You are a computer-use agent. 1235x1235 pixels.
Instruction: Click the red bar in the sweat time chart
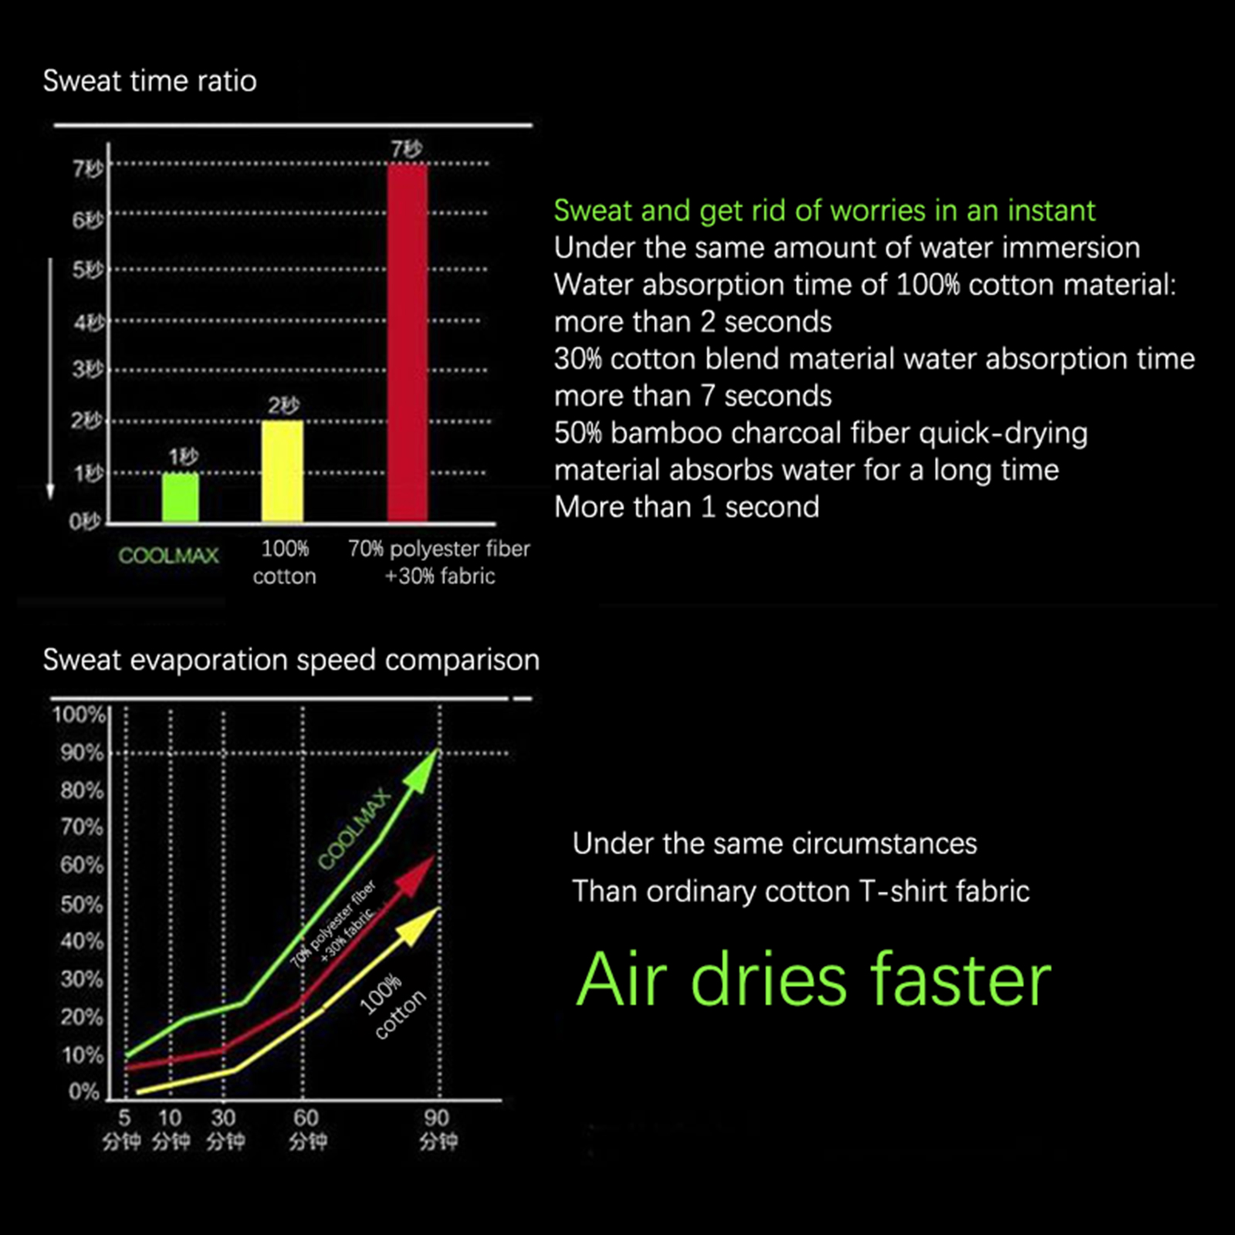pos(407,343)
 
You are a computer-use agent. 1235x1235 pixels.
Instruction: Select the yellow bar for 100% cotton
pos(283,472)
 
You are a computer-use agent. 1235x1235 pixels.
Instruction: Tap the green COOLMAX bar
pos(181,498)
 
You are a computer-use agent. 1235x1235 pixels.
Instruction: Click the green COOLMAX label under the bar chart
pos(168,555)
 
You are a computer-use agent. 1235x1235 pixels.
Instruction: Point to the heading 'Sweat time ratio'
pos(150,81)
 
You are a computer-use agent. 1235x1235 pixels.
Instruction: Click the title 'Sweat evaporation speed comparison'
pos(291,660)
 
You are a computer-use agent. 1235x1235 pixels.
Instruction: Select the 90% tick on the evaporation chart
pos(82,753)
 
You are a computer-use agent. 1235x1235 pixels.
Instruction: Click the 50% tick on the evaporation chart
pos(82,904)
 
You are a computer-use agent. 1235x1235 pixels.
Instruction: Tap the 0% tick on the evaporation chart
pos(83,1091)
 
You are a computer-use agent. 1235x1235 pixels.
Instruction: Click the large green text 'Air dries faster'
pos(814,980)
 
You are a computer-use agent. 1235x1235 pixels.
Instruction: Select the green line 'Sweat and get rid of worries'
pos(824,211)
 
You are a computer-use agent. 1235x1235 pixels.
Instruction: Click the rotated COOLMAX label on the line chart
pos(354,829)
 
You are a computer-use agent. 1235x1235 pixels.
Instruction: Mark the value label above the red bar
pos(406,149)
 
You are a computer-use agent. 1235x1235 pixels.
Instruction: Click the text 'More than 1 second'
pos(686,507)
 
